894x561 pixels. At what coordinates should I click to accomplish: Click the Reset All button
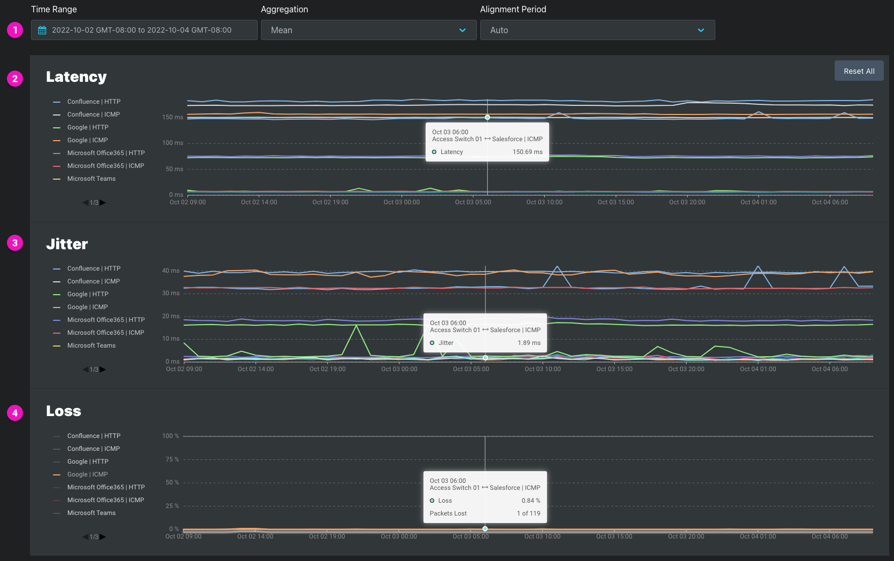[859, 71]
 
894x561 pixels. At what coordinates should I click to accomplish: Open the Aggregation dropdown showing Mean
[368, 30]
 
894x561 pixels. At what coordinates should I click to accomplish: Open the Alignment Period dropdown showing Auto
[597, 30]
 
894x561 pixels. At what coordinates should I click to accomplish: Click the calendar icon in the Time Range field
[42, 30]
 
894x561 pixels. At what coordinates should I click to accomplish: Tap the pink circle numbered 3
[15, 243]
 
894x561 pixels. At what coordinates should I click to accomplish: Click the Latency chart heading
[76, 76]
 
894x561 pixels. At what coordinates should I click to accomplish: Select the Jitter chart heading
[67, 243]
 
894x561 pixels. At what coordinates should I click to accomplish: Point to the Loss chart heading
[64, 411]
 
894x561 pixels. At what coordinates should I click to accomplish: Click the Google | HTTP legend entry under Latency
[87, 127]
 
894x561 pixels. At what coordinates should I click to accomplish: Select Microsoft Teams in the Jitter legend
[91, 345]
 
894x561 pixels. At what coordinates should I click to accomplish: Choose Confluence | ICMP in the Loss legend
[94, 448]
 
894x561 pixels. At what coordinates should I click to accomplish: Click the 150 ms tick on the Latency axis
[172, 117]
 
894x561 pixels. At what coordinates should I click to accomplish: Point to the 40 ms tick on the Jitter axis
[171, 270]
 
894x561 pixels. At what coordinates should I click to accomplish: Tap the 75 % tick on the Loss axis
[172, 459]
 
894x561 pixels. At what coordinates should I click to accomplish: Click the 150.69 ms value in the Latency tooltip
[527, 152]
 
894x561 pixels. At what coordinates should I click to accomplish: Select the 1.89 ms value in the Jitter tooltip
[529, 343]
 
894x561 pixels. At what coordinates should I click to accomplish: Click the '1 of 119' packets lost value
[528, 513]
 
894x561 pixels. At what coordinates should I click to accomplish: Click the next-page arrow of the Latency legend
[103, 203]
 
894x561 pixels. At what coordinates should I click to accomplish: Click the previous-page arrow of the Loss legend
[86, 536]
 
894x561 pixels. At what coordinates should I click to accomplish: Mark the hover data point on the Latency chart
[487, 118]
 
